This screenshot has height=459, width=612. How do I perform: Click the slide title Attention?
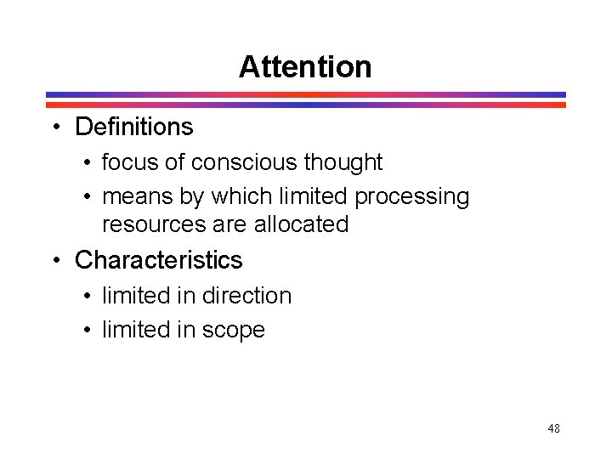tap(305, 66)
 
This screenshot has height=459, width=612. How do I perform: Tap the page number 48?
tap(553, 428)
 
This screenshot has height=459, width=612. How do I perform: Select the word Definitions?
tap(134, 127)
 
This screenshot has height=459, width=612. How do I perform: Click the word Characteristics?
tap(159, 259)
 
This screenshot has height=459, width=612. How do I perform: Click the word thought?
tap(343, 162)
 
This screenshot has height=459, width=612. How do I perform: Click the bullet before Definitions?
tap(54, 127)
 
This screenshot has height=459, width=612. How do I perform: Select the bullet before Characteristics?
tap(54, 259)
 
